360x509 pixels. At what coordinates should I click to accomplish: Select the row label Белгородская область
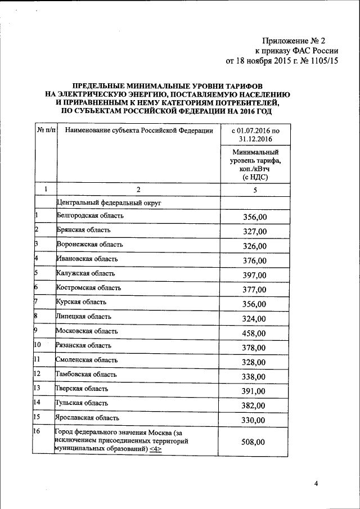(90, 215)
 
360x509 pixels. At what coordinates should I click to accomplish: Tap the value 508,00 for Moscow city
(253, 442)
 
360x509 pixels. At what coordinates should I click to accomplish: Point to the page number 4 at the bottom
(316, 483)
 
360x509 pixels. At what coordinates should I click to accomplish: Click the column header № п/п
(46, 131)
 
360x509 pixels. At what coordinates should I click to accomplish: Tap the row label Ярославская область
(87, 418)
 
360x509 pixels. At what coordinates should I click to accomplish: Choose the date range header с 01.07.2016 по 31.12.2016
(255, 135)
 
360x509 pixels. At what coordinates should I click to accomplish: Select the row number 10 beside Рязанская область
(38, 345)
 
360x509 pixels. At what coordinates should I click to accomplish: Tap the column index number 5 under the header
(255, 190)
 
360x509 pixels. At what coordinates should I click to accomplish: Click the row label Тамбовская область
(87, 374)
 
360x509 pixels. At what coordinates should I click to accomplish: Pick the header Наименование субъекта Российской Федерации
(139, 131)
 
